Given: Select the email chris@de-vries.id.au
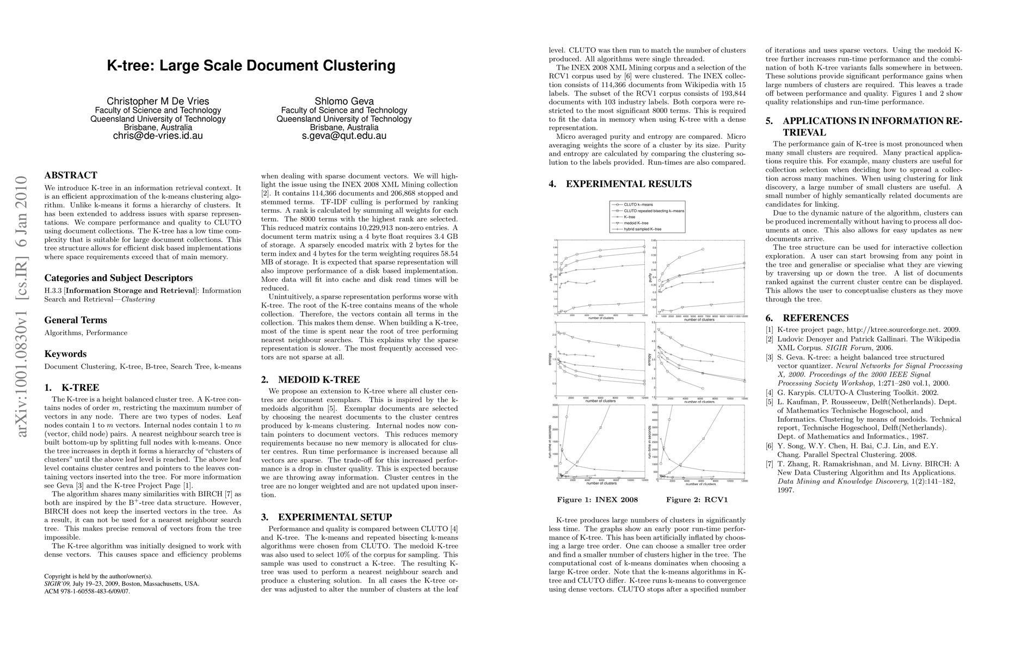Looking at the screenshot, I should [158, 136].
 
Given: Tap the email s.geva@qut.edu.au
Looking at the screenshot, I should [344, 136].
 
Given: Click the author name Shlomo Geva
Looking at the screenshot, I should [344, 101].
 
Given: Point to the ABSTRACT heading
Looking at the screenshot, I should [71, 175].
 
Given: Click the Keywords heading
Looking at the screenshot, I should [65, 354].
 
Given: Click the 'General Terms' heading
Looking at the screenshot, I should [76, 320].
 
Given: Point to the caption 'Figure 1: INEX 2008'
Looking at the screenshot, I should [597, 500].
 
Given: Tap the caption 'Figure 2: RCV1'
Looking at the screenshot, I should [697, 500].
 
